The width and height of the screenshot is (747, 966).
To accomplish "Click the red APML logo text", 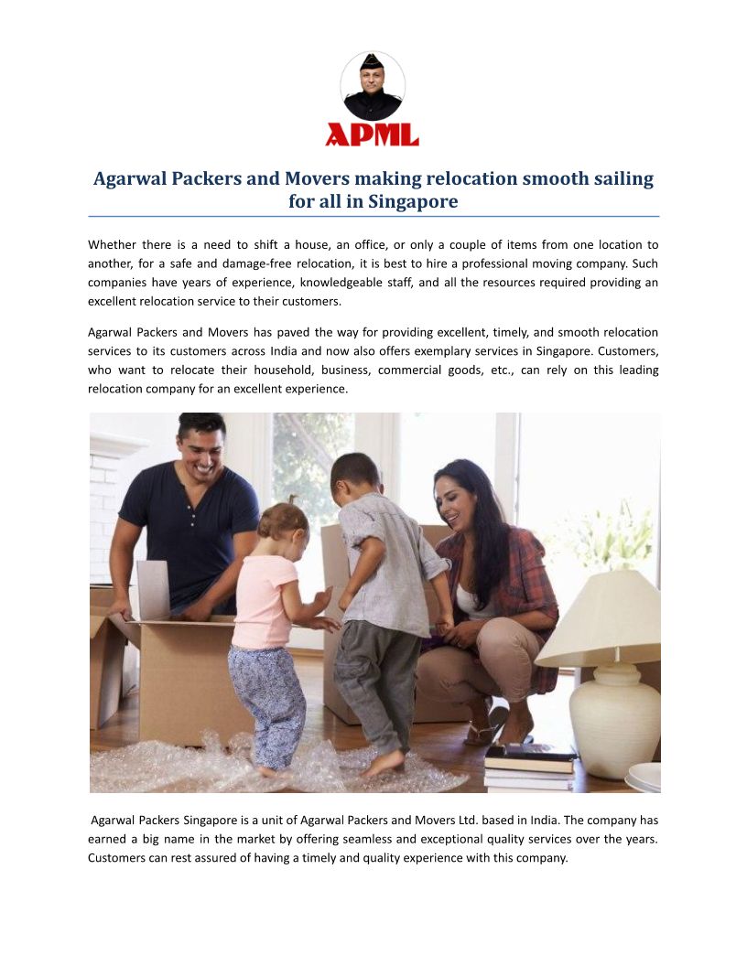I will coord(372,134).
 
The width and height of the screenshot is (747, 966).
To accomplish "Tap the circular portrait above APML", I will coord(373,87).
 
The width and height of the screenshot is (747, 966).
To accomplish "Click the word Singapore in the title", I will coord(413,201).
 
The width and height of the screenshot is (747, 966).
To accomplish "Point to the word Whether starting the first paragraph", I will coord(115,245).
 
